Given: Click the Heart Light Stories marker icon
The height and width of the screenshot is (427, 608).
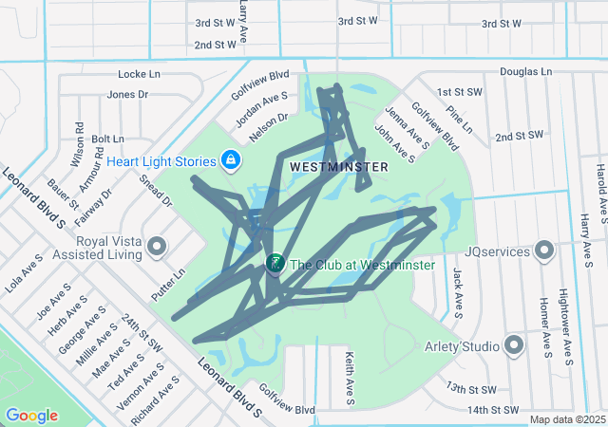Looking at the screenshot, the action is click(231, 161).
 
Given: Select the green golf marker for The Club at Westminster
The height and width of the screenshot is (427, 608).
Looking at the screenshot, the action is click(275, 263).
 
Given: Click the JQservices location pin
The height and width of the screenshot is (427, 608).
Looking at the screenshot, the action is click(544, 251).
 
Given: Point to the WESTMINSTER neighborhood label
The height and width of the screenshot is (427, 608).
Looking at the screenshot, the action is click(338, 167).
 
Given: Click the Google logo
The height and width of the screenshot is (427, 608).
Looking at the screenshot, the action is click(31, 416).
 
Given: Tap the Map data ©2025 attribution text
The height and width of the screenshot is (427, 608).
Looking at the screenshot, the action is click(567, 419).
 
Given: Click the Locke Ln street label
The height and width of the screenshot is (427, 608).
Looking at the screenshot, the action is click(141, 74).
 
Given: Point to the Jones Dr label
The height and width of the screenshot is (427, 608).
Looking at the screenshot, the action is click(128, 94).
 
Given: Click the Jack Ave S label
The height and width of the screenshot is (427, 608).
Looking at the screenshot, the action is click(459, 291).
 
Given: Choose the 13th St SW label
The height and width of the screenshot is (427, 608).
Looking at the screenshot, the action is click(471, 389).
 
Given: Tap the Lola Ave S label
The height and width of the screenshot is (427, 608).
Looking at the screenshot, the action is click(26, 271).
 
